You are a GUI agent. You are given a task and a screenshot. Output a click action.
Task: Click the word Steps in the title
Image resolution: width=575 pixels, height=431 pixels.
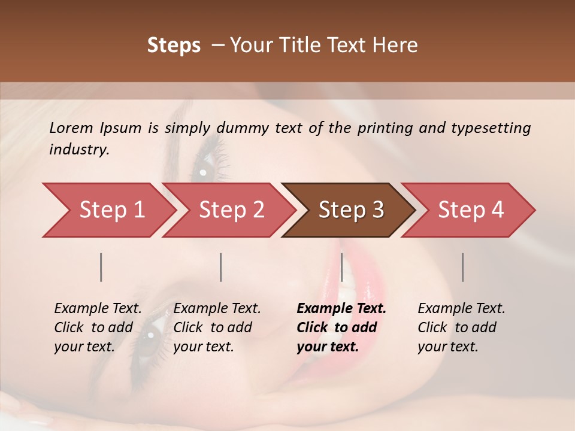click(174, 45)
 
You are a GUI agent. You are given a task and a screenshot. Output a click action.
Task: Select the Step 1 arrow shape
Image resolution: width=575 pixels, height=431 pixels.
click(108, 210)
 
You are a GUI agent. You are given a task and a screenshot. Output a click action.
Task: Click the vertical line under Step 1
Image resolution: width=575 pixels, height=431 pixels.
click(101, 267)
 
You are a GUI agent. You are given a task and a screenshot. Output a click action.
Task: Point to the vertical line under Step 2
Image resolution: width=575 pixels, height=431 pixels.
click(221, 267)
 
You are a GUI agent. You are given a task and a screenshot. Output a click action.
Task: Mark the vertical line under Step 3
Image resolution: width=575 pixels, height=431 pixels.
click(342, 267)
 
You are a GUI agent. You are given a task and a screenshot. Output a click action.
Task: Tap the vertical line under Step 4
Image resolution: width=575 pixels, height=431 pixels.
click(463, 267)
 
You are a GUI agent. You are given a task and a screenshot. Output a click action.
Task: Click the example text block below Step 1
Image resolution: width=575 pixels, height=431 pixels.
click(98, 327)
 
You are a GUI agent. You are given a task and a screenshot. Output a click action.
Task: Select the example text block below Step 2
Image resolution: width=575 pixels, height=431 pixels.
click(217, 327)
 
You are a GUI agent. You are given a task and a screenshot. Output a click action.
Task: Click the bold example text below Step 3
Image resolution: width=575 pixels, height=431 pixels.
click(341, 327)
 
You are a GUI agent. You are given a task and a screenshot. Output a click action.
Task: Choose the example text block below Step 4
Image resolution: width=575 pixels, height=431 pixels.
click(461, 327)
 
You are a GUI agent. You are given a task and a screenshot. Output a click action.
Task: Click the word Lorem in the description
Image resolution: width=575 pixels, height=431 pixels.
click(71, 128)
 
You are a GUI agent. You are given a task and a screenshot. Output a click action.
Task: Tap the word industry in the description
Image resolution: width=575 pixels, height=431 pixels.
click(79, 150)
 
